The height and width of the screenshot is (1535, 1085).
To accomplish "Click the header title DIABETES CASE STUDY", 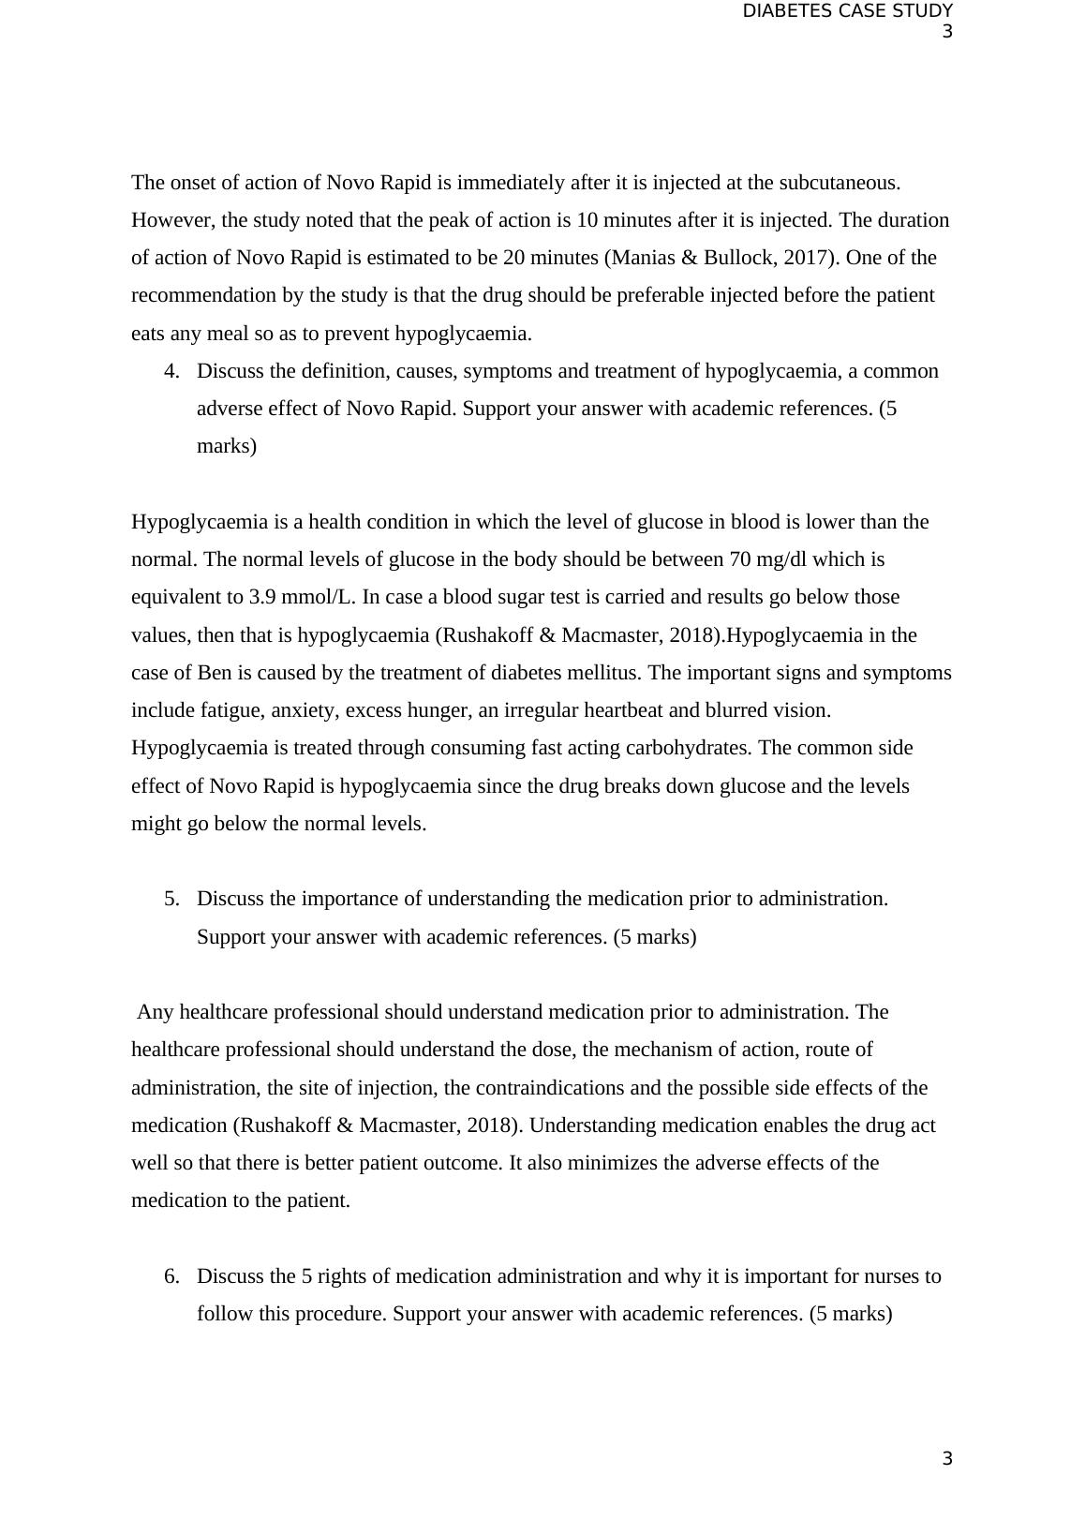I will coord(847,11).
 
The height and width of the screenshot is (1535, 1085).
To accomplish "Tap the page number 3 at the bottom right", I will coord(947,1458).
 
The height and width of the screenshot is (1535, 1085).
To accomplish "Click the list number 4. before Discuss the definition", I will coord(171,371).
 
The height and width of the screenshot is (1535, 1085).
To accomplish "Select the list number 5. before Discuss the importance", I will coord(171,899).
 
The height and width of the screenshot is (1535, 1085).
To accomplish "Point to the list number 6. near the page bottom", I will coord(171,1276).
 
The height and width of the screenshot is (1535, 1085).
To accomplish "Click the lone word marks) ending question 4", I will coord(226,446).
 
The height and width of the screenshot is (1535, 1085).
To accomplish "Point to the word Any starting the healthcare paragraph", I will coord(155,1012).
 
